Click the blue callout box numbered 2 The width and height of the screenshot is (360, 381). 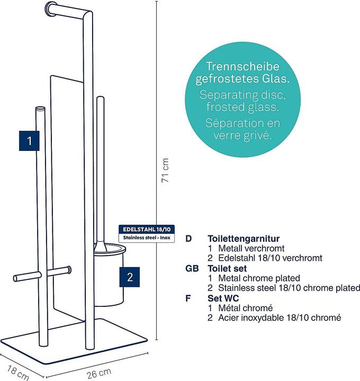click(130, 276)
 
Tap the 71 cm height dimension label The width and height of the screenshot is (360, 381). click(165, 169)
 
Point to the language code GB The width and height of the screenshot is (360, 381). click(192, 268)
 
